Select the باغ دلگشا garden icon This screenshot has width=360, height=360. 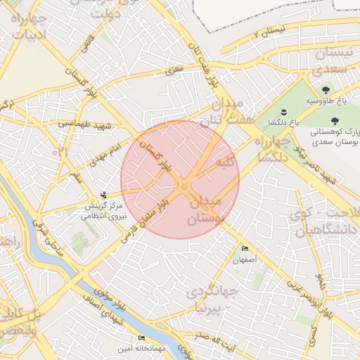pyautogui.click(x=283, y=112)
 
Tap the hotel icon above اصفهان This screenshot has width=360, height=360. pyautogui.click(x=245, y=249)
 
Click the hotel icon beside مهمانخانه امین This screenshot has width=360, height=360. pyautogui.click(x=141, y=338)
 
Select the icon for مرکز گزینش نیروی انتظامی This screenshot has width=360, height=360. pyautogui.click(x=104, y=194)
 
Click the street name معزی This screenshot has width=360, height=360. pyautogui.click(x=174, y=71)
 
